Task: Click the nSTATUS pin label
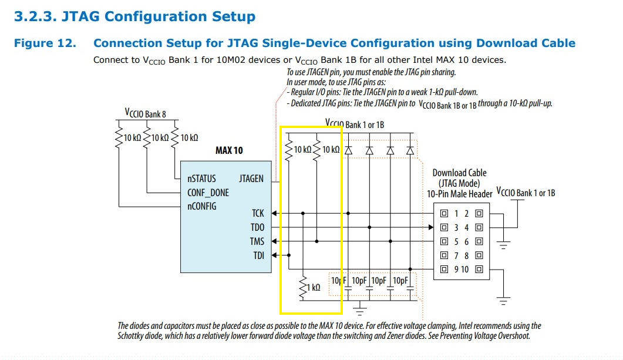(201, 179)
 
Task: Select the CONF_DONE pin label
(208, 193)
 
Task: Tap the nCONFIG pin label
(201, 206)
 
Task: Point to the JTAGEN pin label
(251, 179)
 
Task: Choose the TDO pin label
(257, 227)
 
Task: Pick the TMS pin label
(257, 241)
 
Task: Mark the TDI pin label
(258, 255)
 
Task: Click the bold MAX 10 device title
(228, 150)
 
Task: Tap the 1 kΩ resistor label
(314, 288)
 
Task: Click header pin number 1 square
(444, 213)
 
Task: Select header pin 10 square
(480, 270)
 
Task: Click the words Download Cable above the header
(459, 173)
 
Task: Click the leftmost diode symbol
(348, 150)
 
